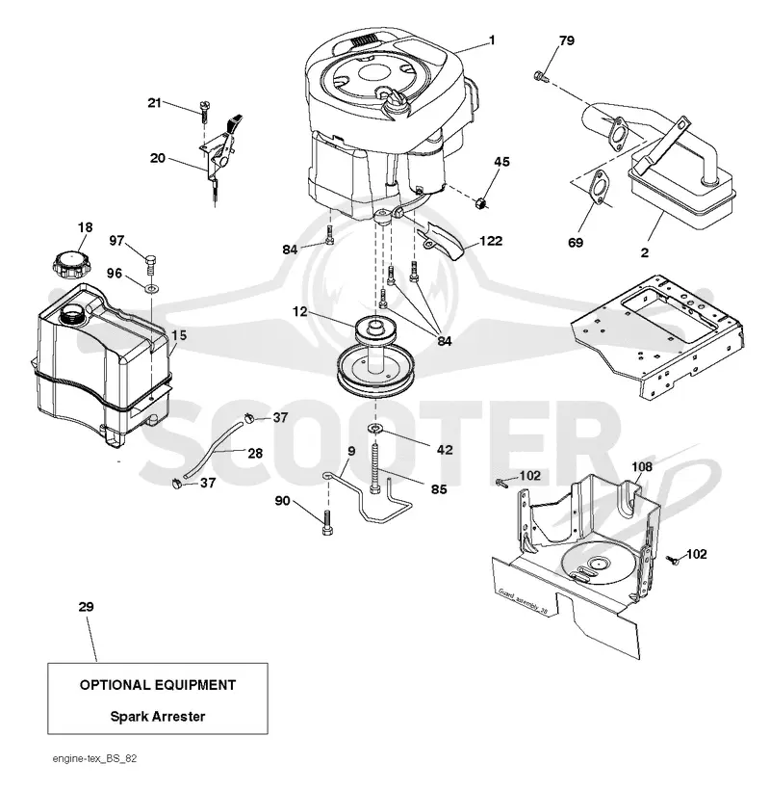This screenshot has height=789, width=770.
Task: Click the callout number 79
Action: (x=567, y=40)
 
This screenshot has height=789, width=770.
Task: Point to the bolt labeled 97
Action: (x=151, y=265)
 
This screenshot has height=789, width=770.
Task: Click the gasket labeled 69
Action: (x=598, y=187)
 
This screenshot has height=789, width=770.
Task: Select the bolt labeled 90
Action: (x=326, y=522)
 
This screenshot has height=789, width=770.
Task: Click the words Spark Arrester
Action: (x=158, y=717)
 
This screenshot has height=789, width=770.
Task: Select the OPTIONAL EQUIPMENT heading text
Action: (x=158, y=685)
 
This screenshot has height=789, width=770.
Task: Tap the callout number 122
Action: (x=491, y=241)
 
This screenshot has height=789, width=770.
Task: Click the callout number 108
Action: (x=642, y=467)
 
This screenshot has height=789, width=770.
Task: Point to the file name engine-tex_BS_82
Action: (x=94, y=758)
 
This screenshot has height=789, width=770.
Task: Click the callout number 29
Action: (x=86, y=607)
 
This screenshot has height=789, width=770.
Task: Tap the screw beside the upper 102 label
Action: (x=501, y=482)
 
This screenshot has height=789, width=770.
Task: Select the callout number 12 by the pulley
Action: (x=299, y=312)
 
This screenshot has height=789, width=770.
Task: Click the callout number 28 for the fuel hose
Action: (x=255, y=454)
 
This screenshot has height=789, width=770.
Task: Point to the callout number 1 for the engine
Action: (x=492, y=39)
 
